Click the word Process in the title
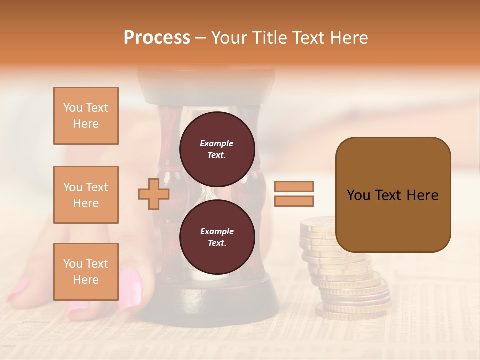click(x=157, y=38)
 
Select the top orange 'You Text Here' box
click(x=86, y=116)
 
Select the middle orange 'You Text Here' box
click(x=86, y=195)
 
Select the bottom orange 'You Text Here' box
click(x=86, y=272)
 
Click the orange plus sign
click(x=154, y=194)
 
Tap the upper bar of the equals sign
click(x=294, y=186)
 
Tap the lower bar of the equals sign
click(x=294, y=201)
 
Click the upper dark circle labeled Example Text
click(x=217, y=149)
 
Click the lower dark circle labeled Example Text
click(x=217, y=237)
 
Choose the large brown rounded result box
click(x=393, y=194)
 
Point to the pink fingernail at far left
click(x=18, y=289)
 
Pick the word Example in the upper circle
click(x=217, y=143)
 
